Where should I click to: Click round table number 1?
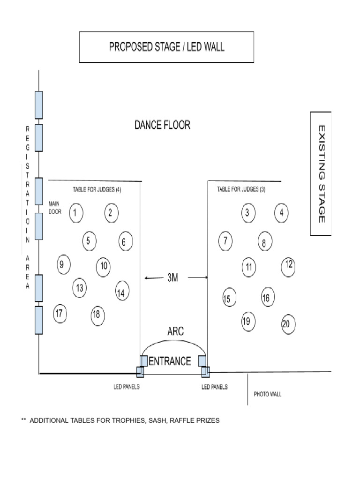tap(76, 213)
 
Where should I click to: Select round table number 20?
tap(288, 324)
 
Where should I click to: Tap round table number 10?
tap(104, 267)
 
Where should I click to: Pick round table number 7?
tap(225, 241)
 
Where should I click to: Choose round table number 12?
tap(288, 267)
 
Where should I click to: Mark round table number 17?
tap(60, 314)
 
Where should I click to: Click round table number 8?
tap(265, 241)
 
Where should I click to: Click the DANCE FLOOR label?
tap(163, 125)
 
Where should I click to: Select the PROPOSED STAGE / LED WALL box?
tap(166, 47)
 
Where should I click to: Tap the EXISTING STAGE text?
tap(322, 174)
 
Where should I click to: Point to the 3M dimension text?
tap(172, 277)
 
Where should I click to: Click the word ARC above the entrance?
tap(176, 331)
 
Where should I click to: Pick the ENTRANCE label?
tap(170, 361)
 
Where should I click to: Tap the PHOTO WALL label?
tap(268, 394)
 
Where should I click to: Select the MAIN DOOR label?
tap(55, 208)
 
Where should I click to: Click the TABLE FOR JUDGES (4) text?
tap(97, 190)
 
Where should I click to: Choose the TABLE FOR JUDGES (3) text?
tap(241, 189)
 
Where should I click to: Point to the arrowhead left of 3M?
tap(146, 278)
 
